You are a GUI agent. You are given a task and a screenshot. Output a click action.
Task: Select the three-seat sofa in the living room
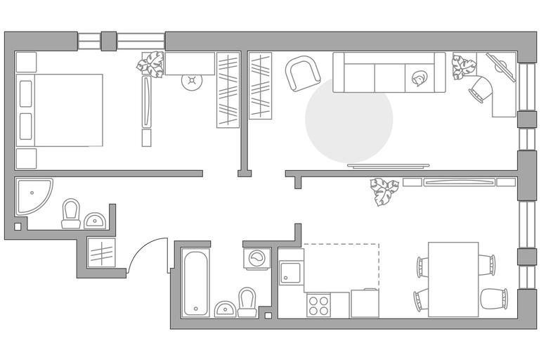pos(389,72)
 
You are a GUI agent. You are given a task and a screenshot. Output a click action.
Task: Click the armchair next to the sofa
pos(301,72)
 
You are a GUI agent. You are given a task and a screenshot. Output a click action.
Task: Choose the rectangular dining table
pos(453,279)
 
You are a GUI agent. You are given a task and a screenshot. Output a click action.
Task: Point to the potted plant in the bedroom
pos(150,65)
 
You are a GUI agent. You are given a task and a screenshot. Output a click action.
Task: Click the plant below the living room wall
pos(384,191)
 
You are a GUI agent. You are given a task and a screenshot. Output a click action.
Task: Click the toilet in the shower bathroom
pos(71,214)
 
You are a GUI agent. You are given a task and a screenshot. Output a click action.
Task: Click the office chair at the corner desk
pos(482,89)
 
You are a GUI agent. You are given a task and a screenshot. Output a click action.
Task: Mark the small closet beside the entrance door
pos(101,251)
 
